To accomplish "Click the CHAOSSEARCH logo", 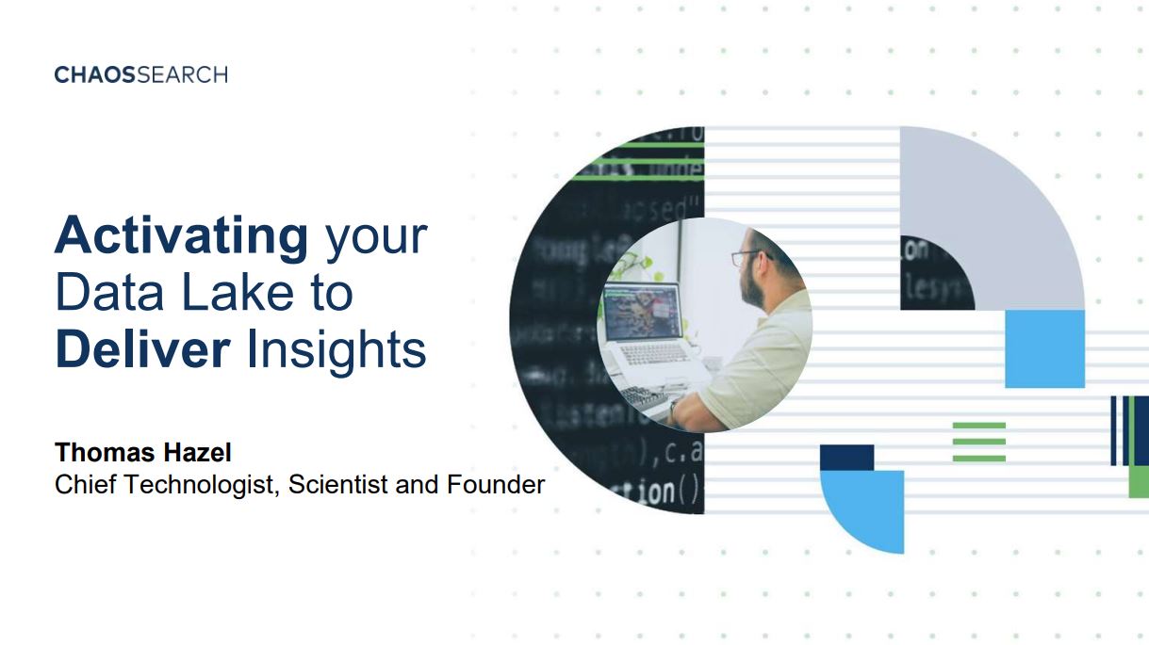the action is coord(141,74).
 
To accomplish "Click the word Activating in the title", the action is coord(182,236).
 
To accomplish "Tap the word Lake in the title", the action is coord(238,292).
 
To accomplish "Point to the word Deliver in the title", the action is coord(142,349).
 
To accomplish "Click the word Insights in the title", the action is coord(336,351).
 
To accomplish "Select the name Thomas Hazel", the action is coord(143,452).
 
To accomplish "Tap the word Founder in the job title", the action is coord(496,484).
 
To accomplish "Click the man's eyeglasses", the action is coord(750,257).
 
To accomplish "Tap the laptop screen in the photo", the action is coord(643,312).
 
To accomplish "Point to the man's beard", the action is coord(753,289).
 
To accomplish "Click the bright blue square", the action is coord(1045,349).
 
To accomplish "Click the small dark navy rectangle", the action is coord(846,458).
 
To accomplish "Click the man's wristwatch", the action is coord(672,408).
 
